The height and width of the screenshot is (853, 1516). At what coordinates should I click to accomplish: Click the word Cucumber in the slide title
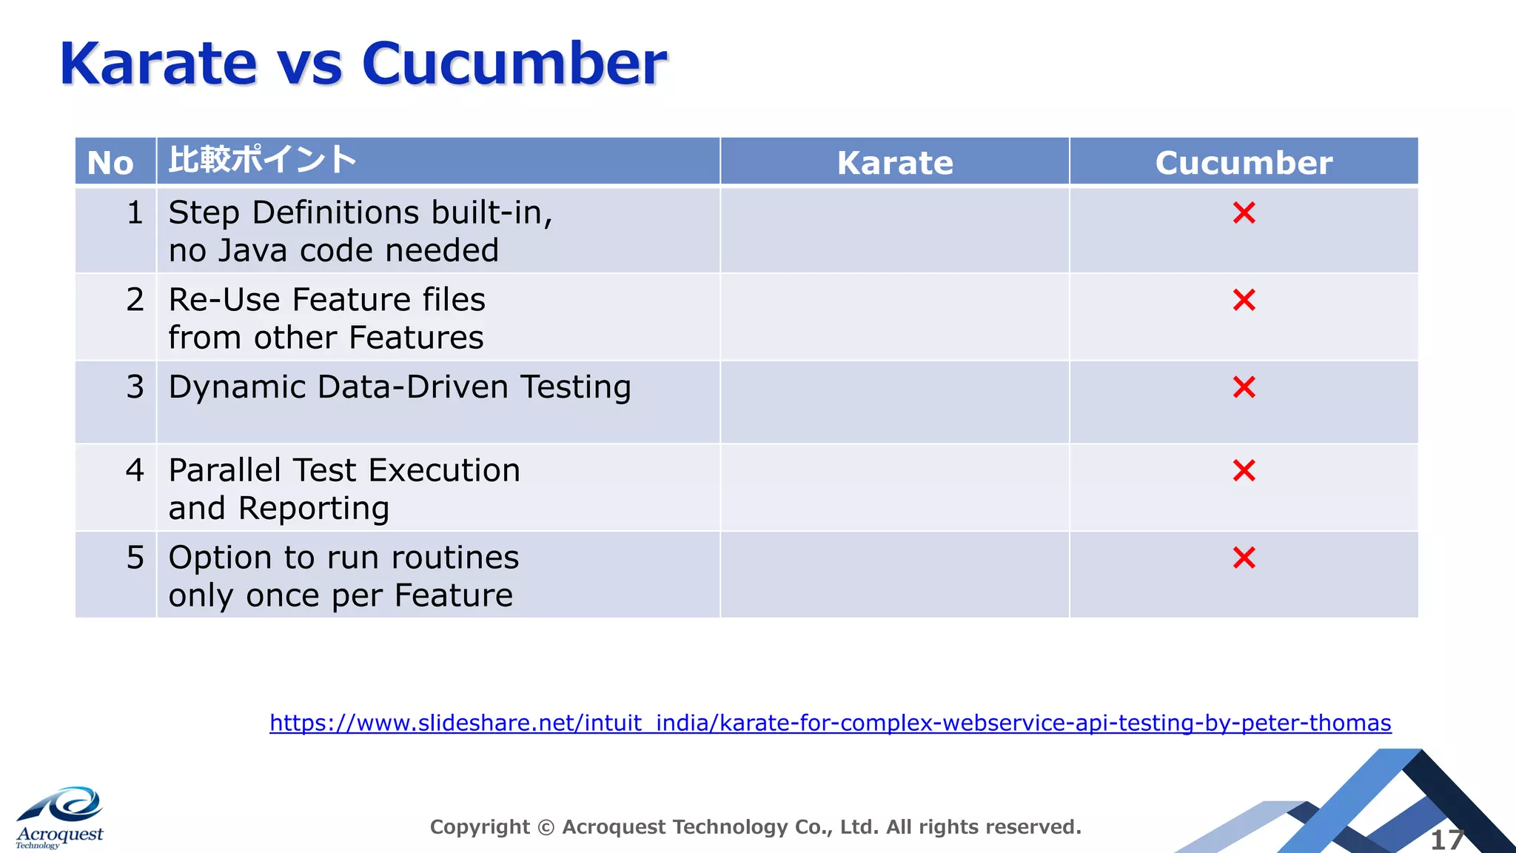(x=514, y=64)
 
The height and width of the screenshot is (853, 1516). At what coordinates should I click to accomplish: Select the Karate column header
(x=895, y=162)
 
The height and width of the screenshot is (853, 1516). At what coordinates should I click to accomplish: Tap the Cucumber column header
(x=1244, y=162)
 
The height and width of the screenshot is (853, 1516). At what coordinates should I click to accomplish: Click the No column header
(x=110, y=163)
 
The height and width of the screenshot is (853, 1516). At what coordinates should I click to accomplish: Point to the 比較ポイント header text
(x=263, y=160)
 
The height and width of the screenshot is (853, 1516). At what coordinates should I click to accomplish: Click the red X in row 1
(x=1244, y=213)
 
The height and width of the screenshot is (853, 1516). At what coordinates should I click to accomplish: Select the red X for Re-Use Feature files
(x=1244, y=300)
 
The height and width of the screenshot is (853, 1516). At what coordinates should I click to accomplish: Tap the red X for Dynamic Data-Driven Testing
(x=1244, y=387)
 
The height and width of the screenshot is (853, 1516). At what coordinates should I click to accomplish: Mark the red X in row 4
(x=1244, y=470)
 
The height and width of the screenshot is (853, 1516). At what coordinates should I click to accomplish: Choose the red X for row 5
(x=1244, y=558)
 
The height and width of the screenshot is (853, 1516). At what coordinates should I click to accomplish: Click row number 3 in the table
(x=135, y=387)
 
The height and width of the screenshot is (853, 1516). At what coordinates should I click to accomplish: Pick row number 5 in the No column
(x=135, y=558)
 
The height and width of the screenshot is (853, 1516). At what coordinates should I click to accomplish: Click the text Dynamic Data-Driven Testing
(x=400, y=387)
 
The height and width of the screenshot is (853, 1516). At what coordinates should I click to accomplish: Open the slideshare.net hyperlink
(x=830, y=722)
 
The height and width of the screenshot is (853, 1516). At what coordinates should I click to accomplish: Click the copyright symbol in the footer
(x=546, y=827)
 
